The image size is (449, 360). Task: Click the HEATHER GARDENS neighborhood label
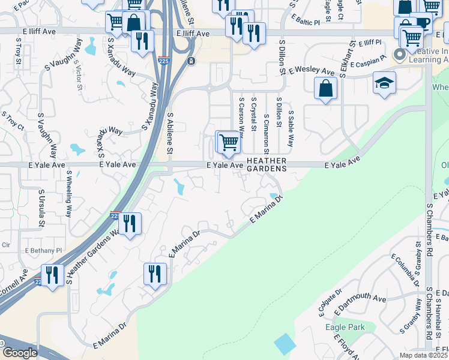coord(266,164)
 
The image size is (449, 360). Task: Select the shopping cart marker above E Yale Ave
coord(229,142)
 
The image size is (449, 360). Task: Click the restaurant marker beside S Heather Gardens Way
coord(130,224)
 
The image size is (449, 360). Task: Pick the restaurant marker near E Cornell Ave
coord(52,275)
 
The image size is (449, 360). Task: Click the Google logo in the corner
coord(19,352)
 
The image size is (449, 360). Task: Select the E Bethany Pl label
coord(43,250)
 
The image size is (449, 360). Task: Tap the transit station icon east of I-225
coord(191,61)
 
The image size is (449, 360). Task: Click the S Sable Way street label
coord(291,128)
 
